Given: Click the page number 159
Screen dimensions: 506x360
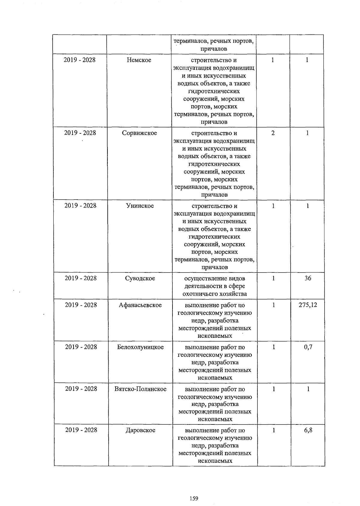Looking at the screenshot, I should click(x=194, y=490).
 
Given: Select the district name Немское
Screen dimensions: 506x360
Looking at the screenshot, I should click(x=139, y=60).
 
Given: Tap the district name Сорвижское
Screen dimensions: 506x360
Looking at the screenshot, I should click(x=139, y=133).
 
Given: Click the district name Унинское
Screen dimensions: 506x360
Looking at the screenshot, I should click(x=140, y=206).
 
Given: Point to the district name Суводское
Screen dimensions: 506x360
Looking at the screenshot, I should click(x=140, y=278).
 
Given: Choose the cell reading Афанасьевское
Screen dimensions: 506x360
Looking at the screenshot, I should click(x=140, y=305).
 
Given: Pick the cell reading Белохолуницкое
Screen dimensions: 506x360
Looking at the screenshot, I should click(x=140, y=347).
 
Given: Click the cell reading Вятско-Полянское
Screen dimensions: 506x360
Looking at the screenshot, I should click(x=140, y=389).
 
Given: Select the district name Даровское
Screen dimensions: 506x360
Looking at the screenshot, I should click(x=140, y=430).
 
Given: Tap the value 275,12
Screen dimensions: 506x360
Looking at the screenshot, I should click(x=308, y=305).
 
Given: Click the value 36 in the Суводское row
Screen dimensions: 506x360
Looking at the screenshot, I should click(x=308, y=278).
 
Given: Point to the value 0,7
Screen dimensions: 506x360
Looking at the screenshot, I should click(x=308, y=347).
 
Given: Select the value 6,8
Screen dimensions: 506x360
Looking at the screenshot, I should click(x=308, y=430).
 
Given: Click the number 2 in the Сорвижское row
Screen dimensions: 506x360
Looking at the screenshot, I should click(x=273, y=133).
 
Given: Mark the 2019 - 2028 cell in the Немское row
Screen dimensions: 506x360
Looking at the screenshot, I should click(x=79, y=60).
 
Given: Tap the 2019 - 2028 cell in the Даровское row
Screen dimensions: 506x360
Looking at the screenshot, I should click(x=81, y=430).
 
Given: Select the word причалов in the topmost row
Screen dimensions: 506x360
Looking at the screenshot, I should click(x=214, y=49).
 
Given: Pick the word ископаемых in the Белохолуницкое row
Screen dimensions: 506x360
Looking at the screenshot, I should click(x=215, y=378).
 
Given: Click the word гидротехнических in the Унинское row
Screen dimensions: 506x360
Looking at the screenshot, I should click(x=214, y=237).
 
